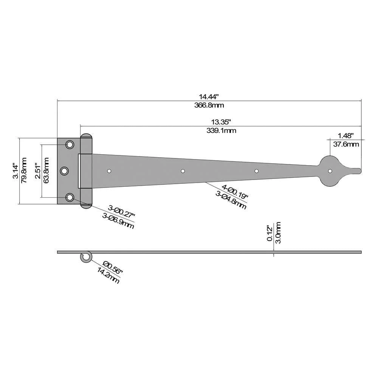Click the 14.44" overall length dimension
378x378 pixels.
pos(209,97)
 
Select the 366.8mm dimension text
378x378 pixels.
pos(209,105)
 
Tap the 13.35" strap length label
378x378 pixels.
pos(221,122)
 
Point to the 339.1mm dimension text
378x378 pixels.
pos(221,131)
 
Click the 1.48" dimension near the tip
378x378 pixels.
pos(345,135)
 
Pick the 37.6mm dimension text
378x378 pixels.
pos(346,144)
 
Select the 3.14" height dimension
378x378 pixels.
pos(16,171)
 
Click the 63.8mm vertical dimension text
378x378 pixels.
pos(46,170)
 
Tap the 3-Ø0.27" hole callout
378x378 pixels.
pos(121,211)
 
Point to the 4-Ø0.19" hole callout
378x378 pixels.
pos(235,191)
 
